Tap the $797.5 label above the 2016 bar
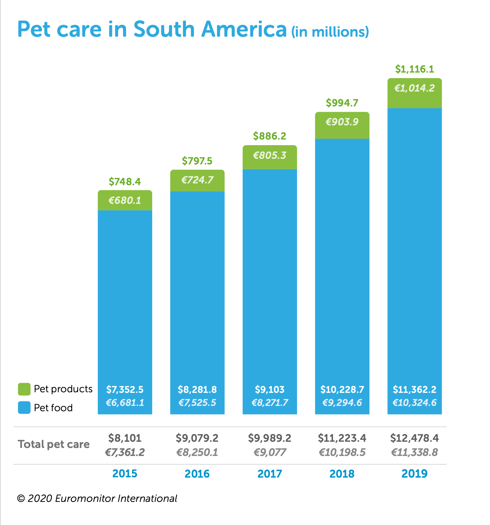[197, 161]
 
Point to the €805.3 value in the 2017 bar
[270, 155]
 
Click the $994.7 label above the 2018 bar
[342, 103]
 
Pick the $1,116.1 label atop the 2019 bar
[414, 69]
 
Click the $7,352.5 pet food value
[125, 389]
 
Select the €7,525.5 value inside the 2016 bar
[197, 403]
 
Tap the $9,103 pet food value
[270, 389]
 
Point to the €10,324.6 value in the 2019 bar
[414, 403]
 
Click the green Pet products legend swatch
[24, 389]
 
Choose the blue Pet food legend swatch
[24, 408]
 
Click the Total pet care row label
[54, 444]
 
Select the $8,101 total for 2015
[125, 438]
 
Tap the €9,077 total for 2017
[270, 452]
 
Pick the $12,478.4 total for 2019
[414, 438]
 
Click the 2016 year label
[197, 474]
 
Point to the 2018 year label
[342, 474]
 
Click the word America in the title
[244, 29]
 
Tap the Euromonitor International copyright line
[97, 499]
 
